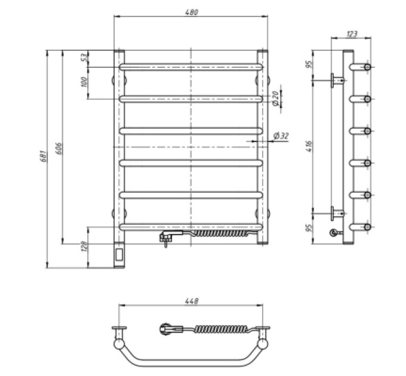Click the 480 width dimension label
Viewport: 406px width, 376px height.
tap(192, 13)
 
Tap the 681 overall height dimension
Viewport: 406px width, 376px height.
tap(44, 156)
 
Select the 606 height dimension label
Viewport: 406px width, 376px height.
tap(59, 148)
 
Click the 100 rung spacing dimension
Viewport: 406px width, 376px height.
tap(84, 82)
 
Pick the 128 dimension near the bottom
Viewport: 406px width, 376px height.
tap(84, 247)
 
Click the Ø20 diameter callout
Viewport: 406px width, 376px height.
tap(275, 98)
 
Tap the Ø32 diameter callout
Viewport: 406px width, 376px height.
tap(281, 135)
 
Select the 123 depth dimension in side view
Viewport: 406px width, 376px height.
tap(351, 34)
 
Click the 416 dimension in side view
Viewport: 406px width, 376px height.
tap(309, 146)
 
